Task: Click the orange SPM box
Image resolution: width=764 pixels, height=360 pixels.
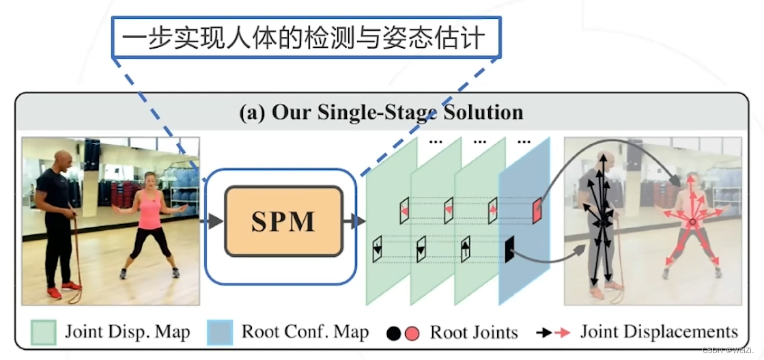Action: [283, 221]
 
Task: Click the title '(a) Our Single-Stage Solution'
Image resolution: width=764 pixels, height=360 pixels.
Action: [381, 112]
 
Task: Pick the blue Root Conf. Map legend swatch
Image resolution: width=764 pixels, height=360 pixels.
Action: [221, 333]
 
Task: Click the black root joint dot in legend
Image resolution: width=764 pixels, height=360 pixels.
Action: [393, 333]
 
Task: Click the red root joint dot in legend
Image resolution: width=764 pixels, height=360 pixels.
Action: [411, 333]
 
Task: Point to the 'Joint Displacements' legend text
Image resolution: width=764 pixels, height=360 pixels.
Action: [658, 332]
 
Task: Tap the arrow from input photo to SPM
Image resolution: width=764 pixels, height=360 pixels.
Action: [212, 221]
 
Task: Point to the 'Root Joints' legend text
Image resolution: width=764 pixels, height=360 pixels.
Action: [474, 333]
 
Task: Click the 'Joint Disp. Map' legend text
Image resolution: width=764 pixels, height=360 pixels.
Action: [127, 333]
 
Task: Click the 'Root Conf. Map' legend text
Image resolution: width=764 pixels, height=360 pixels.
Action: [305, 333]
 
